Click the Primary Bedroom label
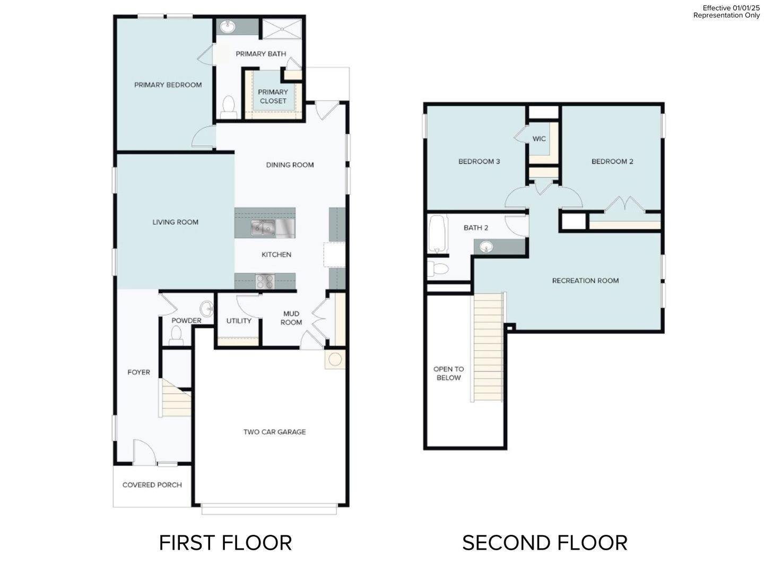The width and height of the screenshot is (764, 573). (168, 85)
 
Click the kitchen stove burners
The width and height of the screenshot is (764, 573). (264, 281)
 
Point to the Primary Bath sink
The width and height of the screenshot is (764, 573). (229, 26)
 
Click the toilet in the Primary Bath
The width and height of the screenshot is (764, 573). (229, 106)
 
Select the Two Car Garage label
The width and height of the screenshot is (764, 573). (274, 432)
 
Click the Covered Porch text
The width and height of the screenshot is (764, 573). (152, 485)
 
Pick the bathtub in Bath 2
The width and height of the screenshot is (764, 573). (438, 233)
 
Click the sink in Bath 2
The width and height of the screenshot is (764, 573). (487, 247)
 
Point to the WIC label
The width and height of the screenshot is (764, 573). (539, 139)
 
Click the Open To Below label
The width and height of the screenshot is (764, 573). (448, 374)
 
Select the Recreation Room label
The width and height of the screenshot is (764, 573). (585, 281)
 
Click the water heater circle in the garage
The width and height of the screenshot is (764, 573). (335, 360)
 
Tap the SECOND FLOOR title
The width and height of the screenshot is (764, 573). (544, 543)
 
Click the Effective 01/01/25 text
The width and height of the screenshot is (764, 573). (731, 8)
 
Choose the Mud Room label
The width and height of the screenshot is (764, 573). (291, 318)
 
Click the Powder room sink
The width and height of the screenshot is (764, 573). (206, 308)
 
